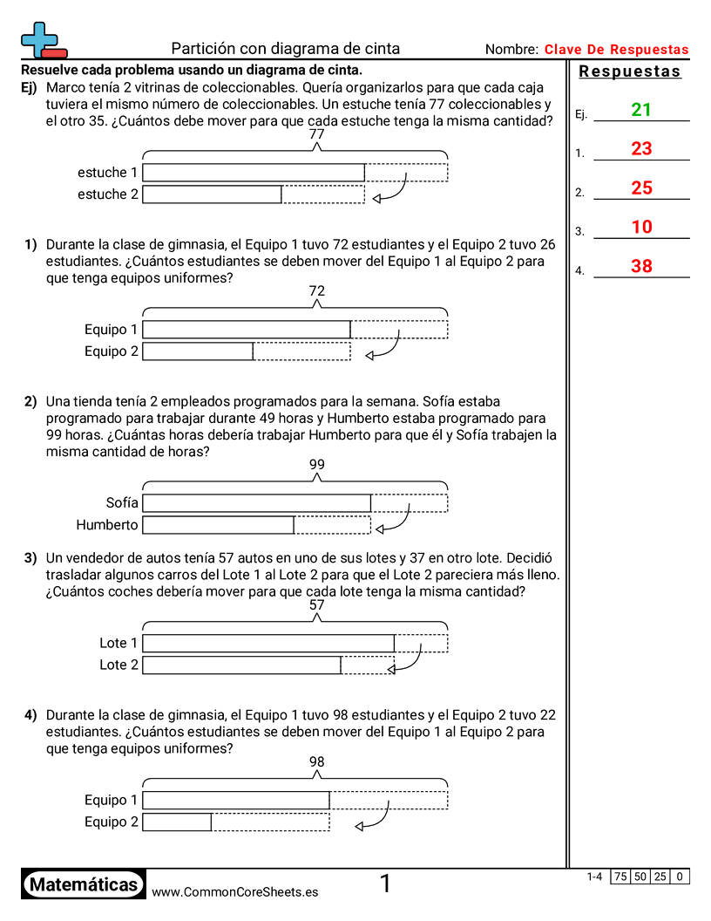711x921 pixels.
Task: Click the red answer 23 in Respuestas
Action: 641,149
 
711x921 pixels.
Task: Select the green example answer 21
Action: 641,110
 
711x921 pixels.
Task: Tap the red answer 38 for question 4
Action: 641,267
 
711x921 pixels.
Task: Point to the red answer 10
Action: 641,228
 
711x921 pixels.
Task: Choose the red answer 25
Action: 641,188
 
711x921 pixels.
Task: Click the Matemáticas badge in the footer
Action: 84,884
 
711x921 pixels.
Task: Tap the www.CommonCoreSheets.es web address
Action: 234,892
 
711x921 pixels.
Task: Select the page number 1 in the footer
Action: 385,884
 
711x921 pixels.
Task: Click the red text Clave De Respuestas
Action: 616,50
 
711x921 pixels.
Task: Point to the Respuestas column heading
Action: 630,72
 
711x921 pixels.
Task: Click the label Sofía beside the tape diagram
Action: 122,503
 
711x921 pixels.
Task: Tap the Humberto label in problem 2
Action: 107,525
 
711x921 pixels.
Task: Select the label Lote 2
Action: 118,665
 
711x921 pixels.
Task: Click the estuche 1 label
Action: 108,173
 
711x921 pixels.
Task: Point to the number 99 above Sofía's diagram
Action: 316,465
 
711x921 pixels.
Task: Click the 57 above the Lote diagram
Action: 316,604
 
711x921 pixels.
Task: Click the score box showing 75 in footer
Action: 621,877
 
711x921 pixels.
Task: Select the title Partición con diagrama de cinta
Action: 286,49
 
